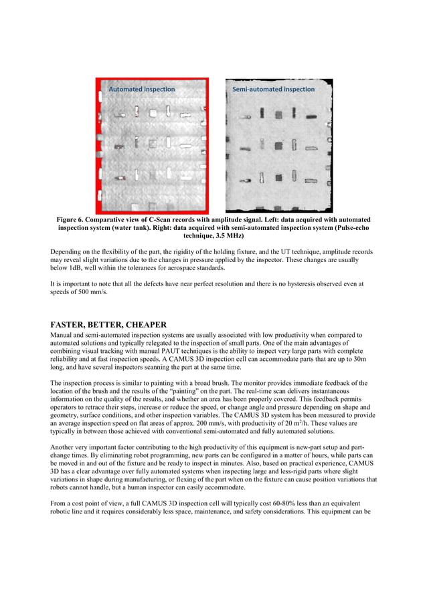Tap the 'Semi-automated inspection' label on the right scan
click(273, 89)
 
